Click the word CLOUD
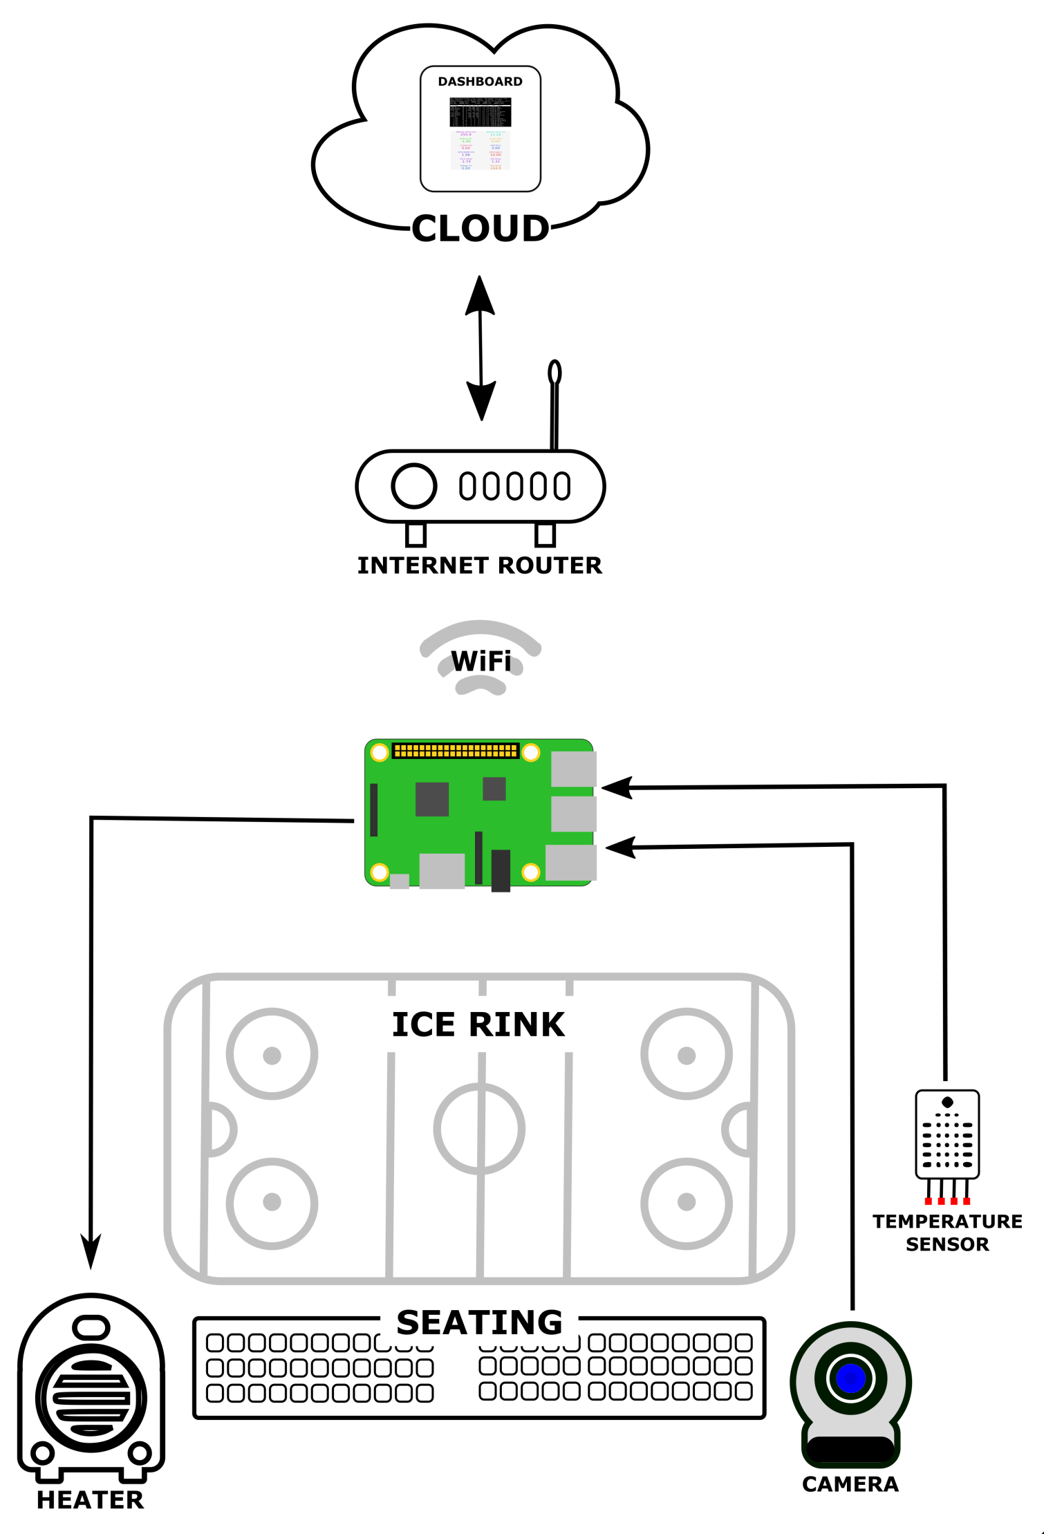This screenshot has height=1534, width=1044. coord(480,229)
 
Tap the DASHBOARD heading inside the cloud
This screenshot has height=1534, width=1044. coord(480,82)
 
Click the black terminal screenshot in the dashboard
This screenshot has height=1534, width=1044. coord(480,111)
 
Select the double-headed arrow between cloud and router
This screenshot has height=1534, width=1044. coord(481,348)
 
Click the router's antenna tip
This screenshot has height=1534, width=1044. coord(554,372)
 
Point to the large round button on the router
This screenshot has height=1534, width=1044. coord(413,485)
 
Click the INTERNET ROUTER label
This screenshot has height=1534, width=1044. coord(479,565)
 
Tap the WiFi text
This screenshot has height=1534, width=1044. coord(481,662)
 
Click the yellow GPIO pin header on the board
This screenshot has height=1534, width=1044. coord(456,751)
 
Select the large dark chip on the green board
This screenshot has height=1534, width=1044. coord(432,799)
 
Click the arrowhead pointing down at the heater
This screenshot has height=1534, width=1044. coord(91,1251)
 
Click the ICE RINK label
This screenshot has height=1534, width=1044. coord(478,1025)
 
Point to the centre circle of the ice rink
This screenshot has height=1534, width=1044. coord(479,1129)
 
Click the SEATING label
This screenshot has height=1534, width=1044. coord(479,1322)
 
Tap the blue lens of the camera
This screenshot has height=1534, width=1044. coord(850,1378)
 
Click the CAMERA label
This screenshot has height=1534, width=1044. coord(850,1484)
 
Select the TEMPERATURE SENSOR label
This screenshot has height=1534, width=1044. coord(947,1233)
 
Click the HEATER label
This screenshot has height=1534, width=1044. coord(91,1500)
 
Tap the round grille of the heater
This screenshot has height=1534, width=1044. coord(91,1398)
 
